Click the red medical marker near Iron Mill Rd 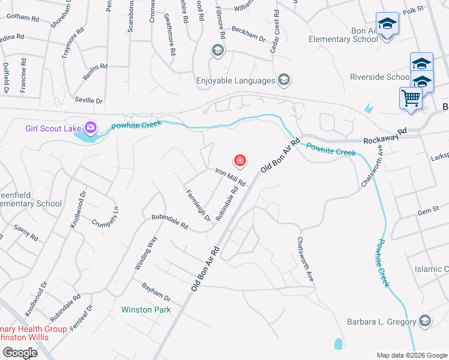(x=240, y=160)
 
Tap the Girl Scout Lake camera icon (x=91, y=127)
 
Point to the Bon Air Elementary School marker (x=387, y=25)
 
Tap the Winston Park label (x=146, y=310)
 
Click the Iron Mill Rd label (x=231, y=176)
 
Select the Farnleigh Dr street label (x=199, y=206)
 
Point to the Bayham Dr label (x=156, y=293)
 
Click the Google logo (x=19, y=352)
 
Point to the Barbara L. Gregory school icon (x=426, y=321)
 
